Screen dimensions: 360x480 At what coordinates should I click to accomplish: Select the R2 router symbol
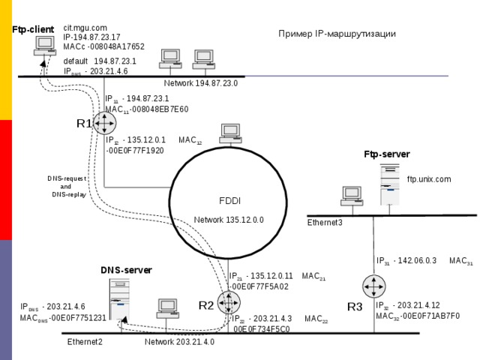[x=228, y=302]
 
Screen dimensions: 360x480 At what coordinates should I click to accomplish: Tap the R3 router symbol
[x=373, y=286]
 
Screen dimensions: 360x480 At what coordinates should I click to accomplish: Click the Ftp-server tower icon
[x=388, y=184]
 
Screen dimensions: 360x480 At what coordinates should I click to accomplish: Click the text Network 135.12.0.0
[x=229, y=220]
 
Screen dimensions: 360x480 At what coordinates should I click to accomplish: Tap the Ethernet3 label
[x=325, y=223]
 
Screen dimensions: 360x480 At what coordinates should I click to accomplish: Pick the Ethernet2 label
[x=85, y=342]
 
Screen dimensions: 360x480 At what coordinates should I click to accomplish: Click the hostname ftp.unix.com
[x=428, y=179]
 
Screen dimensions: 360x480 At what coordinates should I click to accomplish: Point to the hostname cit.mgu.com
[x=85, y=28]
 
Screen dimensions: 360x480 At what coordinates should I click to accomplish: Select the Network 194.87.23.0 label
[x=200, y=83]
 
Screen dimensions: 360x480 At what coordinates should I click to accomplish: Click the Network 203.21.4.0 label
[x=179, y=342]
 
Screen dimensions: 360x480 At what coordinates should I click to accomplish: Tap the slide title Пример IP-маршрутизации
[x=337, y=34]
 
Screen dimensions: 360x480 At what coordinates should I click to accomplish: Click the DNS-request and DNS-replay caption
[x=66, y=186]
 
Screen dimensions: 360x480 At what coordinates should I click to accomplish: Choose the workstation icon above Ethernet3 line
[x=351, y=195]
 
